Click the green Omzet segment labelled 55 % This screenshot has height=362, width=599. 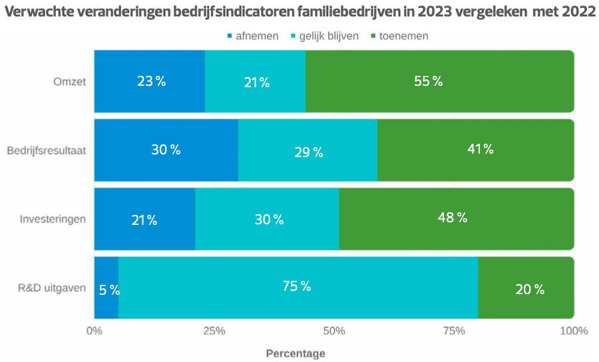[439, 81]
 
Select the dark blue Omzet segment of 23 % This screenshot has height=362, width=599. [149, 81]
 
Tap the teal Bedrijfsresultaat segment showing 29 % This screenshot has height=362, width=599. [307, 150]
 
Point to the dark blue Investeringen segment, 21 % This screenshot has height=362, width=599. [144, 219]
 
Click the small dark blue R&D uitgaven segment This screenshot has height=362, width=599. [106, 287]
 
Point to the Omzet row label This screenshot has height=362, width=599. [69, 82]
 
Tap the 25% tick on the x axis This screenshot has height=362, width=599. [214, 331]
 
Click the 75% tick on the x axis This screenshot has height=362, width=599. [454, 331]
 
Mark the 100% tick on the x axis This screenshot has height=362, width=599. [573, 331]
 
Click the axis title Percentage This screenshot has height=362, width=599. [296, 353]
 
